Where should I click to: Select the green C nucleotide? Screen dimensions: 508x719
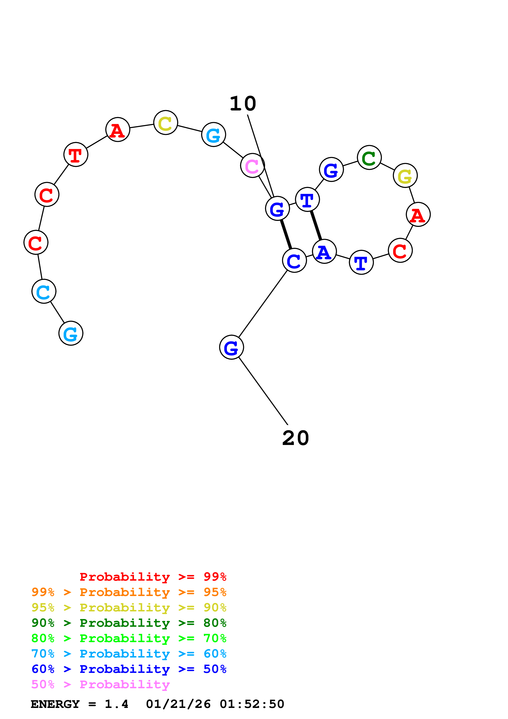pos(369,158)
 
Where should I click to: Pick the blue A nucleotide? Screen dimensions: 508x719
pos(324,251)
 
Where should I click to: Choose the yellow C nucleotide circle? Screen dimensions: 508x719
pos(166,122)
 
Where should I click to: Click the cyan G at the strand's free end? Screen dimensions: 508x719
pos(71,333)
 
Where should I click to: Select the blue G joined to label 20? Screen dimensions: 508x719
pos(231,347)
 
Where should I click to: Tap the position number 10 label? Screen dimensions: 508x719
pos(243,104)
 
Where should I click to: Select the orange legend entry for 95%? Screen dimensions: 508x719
pos(129,592)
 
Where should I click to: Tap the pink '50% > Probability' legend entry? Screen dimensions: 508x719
pos(100,684)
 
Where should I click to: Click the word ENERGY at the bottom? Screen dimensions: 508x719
pos(55,704)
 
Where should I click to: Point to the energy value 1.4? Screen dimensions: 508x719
pos(116,704)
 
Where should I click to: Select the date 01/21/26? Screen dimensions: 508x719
pos(178,704)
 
